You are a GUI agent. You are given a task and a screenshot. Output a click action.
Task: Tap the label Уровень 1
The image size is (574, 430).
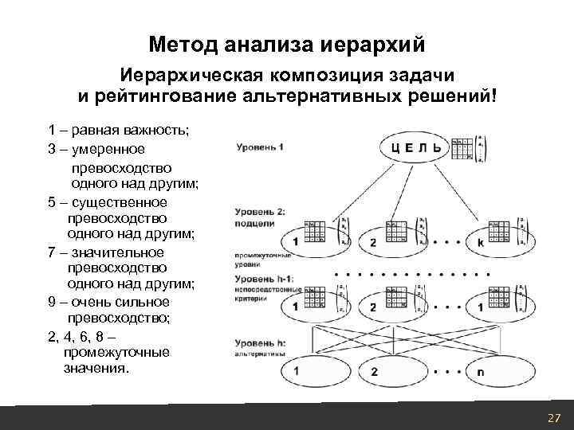click(x=260, y=147)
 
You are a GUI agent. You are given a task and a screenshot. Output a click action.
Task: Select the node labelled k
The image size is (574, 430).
click(x=481, y=241)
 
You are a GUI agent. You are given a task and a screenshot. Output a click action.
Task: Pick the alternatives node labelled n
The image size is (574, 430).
click(x=480, y=371)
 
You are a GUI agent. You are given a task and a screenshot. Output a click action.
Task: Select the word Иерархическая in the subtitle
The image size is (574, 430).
click(x=189, y=76)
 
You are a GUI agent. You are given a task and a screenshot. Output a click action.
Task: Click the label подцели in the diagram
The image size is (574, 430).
click(x=254, y=224)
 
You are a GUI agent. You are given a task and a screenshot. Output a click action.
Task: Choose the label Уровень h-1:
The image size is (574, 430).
click(x=262, y=279)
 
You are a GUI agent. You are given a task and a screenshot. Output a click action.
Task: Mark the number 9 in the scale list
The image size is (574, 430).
click(x=52, y=302)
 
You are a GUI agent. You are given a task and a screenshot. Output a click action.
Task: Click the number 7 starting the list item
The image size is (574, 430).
click(x=52, y=252)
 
